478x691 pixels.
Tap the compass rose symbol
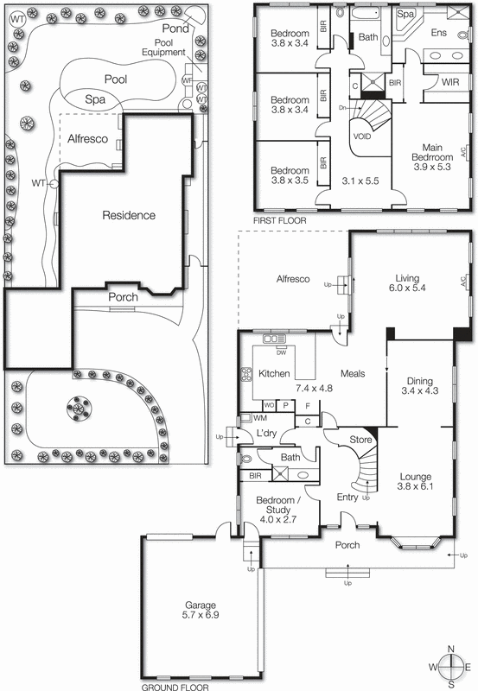point(452,667)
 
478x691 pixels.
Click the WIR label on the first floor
point(449,83)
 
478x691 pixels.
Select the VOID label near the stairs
point(363,136)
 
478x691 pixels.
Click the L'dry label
point(264,434)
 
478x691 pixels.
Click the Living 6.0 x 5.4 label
point(407,284)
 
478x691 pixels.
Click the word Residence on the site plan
point(129,215)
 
